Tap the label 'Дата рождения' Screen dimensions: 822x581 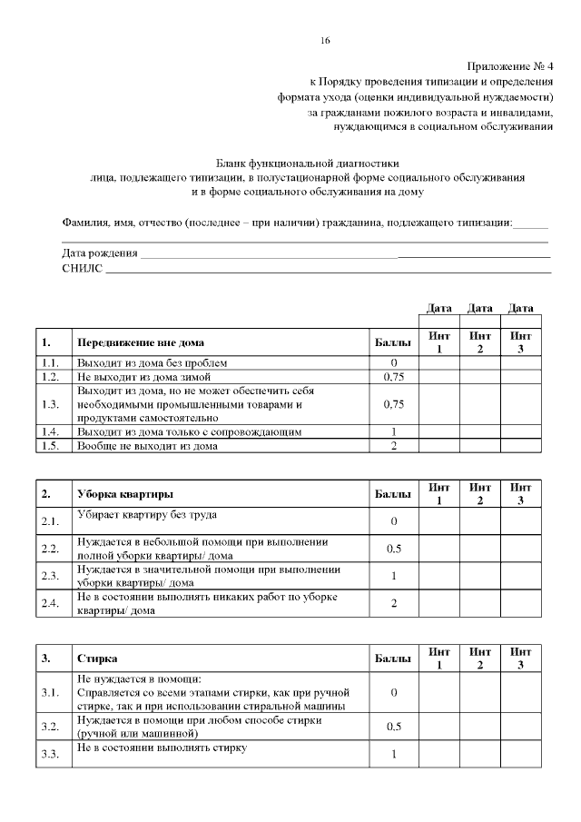(100, 253)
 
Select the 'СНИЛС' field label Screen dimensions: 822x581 (82, 268)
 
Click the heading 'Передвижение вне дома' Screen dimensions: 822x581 (141, 342)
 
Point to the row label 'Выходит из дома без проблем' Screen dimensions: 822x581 (152, 362)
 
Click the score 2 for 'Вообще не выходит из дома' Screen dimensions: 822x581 (394, 445)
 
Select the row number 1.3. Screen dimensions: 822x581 (51, 404)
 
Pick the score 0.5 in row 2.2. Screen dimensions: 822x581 (394, 549)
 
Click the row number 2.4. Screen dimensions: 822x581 (51, 604)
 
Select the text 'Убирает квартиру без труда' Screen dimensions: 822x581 (147, 515)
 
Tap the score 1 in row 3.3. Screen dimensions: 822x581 (394, 754)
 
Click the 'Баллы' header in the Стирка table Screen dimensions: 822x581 (393, 658)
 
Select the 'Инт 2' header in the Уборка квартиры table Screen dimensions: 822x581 (480, 494)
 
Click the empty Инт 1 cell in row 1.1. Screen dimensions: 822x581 (438, 362)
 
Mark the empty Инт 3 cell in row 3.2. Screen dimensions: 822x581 (521, 726)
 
